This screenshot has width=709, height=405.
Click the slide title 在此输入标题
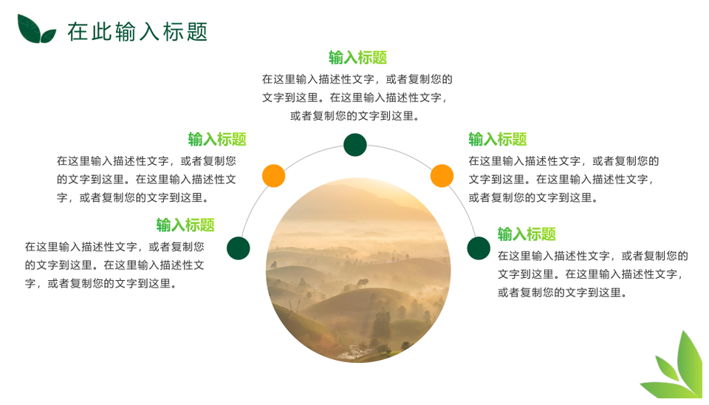(137, 32)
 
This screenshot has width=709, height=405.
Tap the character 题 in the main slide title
(197, 32)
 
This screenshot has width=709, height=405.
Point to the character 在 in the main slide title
(78, 32)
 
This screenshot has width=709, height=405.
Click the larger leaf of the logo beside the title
(28, 28)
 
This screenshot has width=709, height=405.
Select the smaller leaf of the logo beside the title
(48, 35)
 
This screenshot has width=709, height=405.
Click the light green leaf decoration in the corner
(676, 367)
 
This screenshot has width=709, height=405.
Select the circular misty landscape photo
(358, 270)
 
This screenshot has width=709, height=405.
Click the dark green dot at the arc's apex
(355, 145)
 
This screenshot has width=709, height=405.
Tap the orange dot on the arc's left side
(273, 176)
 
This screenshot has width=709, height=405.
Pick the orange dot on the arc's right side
(442, 176)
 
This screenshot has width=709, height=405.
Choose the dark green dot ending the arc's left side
(239, 248)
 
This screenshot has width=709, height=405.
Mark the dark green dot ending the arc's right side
(479, 248)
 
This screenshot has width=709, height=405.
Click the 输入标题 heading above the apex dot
(357, 58)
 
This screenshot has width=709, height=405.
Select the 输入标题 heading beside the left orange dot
(217, 139)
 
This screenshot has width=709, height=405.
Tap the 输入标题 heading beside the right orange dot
(497, 139)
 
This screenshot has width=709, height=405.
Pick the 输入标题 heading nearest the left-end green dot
(185, 225)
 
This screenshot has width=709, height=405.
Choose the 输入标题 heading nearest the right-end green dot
(527, 234)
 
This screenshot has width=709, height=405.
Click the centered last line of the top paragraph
(355, 116)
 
